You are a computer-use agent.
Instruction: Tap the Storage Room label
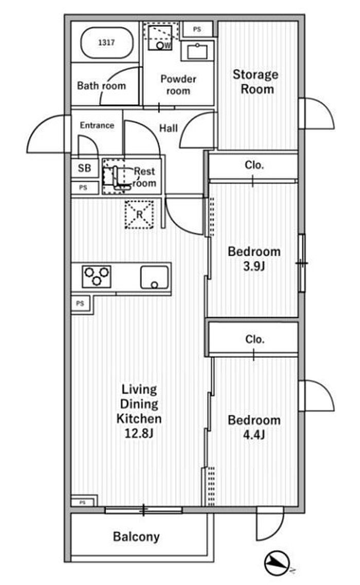[256, 82]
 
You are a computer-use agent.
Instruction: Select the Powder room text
[178, 85]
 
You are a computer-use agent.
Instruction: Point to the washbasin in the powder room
[197, 51]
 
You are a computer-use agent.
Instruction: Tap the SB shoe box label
[84, 168]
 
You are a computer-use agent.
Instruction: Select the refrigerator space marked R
[139, 215]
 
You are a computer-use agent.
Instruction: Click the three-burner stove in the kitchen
[97, 276]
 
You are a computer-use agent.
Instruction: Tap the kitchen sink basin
[154, 277]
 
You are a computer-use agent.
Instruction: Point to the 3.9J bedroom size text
[254, 267]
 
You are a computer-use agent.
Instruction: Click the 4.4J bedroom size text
[254, 435]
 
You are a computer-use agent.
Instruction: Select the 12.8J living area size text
[139, 433]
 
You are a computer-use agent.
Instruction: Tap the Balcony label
[136, 537]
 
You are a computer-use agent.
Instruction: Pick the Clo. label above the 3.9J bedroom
[255, 165]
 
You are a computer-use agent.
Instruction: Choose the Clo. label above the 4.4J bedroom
[255, 339]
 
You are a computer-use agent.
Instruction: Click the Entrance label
[97, 126]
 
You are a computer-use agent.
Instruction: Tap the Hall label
[169, 128]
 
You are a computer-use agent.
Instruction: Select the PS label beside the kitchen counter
[80, 304]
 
